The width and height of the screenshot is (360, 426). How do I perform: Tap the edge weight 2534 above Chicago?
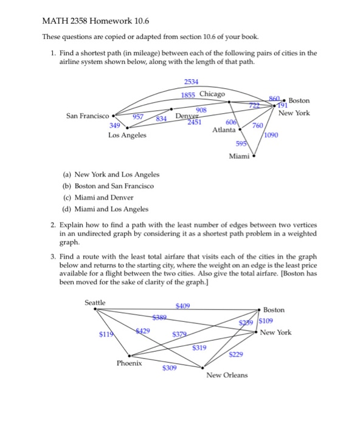tap(191, 82)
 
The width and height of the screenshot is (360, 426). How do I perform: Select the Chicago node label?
tap(212, 95)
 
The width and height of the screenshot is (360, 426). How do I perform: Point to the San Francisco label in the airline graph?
tap(88, 116)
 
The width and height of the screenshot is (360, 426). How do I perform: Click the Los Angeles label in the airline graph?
tap(127, 135)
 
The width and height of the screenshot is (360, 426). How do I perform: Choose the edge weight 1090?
tap(271, 135)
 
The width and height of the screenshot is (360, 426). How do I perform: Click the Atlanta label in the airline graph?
tap(224, 130)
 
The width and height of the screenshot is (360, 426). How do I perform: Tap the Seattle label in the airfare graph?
tap(95, 302)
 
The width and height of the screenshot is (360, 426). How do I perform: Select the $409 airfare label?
tap(182, 306)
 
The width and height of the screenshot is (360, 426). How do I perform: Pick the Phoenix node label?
tap(130, 363)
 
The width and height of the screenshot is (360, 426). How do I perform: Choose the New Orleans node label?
tap(227, 375)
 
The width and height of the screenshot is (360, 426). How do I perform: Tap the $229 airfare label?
tap(236, 355)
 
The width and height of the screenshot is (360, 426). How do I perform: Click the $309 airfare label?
tap(170, 368)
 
